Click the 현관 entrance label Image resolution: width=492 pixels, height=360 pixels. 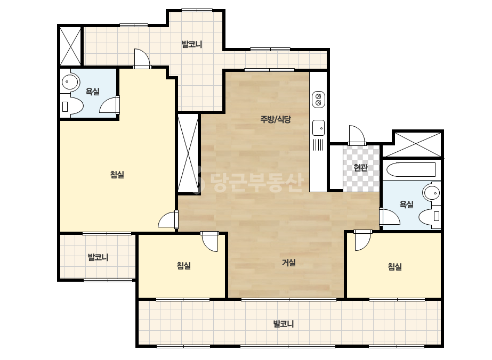[360, 168]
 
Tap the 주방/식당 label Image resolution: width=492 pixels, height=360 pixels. [276, 119]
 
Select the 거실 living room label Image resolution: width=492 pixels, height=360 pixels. [289, 263]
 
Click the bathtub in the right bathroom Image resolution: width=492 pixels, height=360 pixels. [411, 170]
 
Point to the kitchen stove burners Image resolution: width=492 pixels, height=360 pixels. [318, 100]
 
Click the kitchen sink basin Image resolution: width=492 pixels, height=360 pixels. [318, 128]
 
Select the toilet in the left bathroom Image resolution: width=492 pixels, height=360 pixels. [72, 106]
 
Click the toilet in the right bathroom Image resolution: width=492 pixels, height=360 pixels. [430, 216]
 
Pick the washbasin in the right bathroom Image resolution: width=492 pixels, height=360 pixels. [432, 193]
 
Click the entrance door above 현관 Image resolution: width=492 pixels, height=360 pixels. [357, 135]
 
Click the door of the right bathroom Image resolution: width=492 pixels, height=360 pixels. [390, 217]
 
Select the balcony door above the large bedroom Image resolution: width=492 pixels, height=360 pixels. [142, 59]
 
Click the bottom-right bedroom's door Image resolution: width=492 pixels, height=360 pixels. [362, 240]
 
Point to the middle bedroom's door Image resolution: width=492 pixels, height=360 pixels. [209, 241]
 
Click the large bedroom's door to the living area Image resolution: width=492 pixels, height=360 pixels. [168, 219]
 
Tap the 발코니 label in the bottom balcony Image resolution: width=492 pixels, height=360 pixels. [284, 324]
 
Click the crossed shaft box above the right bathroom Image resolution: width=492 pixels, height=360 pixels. [413, 144]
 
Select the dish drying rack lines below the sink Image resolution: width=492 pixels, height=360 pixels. [318, 145]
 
